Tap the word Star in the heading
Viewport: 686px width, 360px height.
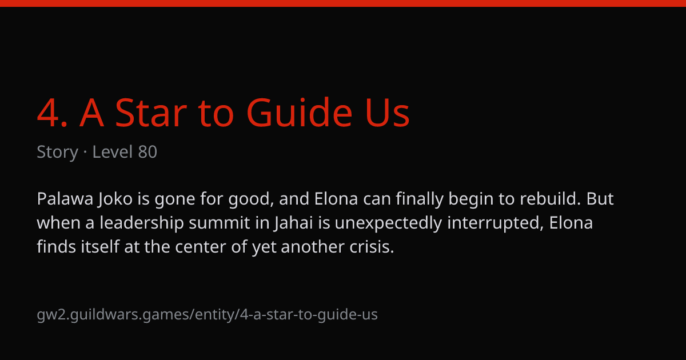click(151, 113)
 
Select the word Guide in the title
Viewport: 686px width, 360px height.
click(300, 112)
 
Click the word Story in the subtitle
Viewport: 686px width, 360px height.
click(58, 152)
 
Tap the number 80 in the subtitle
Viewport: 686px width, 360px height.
click(147, 152)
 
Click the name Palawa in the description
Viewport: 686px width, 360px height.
click(65, 199)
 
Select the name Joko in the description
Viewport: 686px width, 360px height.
click(115, 199)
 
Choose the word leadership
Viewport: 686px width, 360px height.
click(142, 222)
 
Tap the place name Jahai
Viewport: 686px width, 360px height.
click(294, 223)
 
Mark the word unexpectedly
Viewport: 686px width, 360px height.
click(388, 223)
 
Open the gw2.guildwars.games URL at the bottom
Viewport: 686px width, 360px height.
click(207, 315)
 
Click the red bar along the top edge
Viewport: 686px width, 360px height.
click(343, 3)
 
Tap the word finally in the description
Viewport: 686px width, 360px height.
click(420, 199)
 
